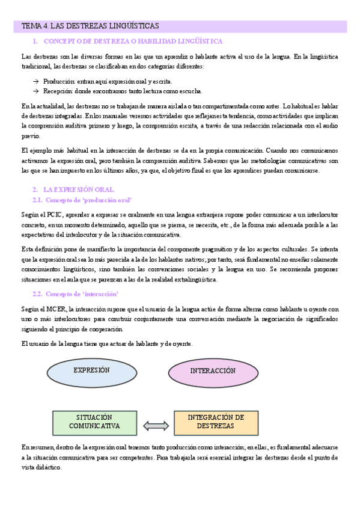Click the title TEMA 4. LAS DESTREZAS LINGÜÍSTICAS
90,26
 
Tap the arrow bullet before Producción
36,81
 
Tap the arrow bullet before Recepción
36,91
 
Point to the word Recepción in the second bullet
58,91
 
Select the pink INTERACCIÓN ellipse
212,371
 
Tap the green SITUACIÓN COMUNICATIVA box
94,422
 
